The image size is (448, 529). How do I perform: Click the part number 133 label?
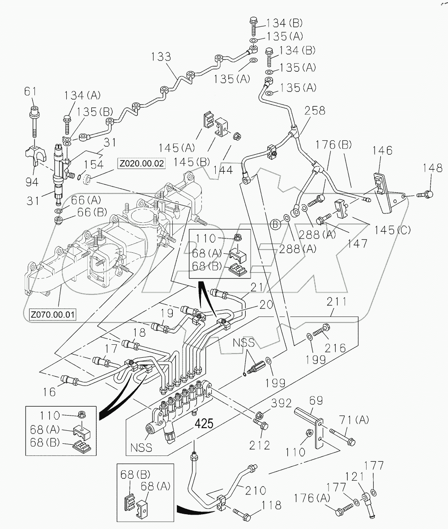point(160,57)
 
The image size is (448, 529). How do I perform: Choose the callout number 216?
point(335,348)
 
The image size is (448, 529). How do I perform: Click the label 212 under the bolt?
point(260,445)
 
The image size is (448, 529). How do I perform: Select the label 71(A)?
point(354,420)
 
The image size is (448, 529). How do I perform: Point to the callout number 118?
point(272,505)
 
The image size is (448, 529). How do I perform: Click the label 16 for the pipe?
point(50,392)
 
